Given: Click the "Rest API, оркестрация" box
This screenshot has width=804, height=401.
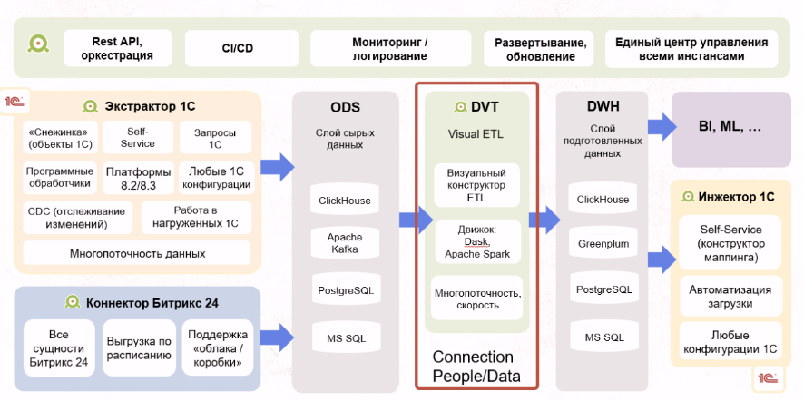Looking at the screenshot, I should coord(117,48).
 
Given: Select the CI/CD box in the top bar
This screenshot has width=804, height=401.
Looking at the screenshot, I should coord(237,48).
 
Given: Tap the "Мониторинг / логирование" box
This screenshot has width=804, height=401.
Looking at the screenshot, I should coord(390,48).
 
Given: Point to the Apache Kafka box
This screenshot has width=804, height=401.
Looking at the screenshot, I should coord(344,243).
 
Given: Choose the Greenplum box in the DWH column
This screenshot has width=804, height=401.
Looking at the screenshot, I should coord(603,243).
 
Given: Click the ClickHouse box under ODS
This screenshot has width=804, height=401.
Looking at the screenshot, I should coord(344,200).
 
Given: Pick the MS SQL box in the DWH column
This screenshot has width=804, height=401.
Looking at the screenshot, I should coord(603,337).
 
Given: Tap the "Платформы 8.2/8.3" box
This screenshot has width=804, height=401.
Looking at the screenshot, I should coord(138,177).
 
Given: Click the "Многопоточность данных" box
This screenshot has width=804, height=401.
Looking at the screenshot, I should coord(137,253).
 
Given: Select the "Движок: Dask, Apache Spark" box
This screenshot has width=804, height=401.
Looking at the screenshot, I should coord(476,240).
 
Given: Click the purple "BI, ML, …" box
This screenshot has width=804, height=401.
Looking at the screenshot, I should coord(730,128).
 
